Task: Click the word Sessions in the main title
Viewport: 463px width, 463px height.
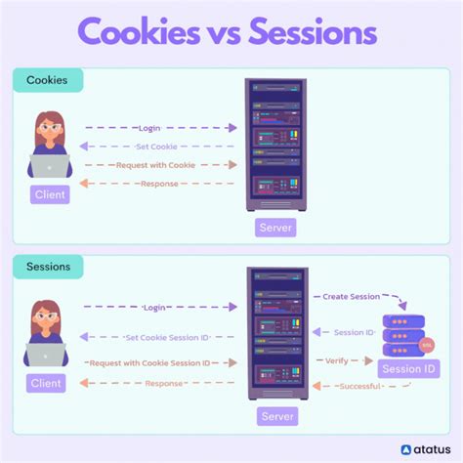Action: pos(312,34)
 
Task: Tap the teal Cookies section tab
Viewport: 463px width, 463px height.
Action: pos(47,80)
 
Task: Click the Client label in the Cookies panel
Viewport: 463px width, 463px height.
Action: pos(49,194)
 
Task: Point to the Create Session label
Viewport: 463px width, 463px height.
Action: pos(351,296)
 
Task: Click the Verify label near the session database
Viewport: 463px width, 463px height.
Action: pos(336,360)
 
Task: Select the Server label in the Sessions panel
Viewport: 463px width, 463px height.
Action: pos(276,416)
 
